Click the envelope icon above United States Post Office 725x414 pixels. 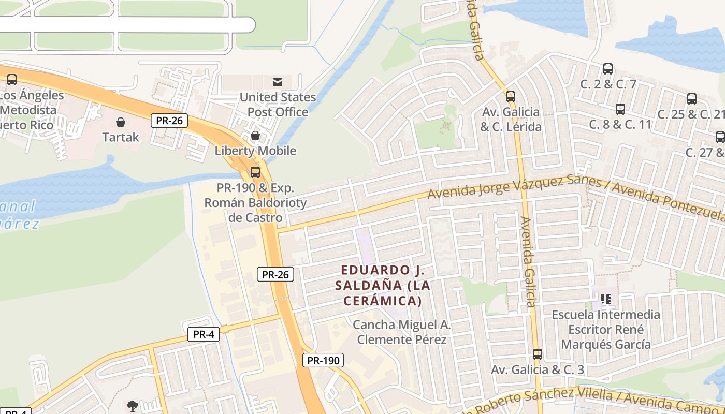[278, 82]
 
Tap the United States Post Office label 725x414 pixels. [278, 105]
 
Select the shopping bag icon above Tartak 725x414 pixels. [121, 122]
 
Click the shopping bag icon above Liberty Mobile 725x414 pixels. [255, 136]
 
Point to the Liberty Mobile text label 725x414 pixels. [255, 151]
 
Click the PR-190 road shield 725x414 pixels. [323, 360]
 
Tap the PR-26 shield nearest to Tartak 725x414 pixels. [169, 121]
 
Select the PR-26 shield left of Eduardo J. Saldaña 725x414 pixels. [275, 274]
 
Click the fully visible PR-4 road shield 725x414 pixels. [204, 334]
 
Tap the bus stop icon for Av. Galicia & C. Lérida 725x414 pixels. [511, 96]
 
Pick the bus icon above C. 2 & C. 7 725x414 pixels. [608, 68]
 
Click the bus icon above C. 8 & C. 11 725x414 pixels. [620, 109]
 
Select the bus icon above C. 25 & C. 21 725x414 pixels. [691, 98]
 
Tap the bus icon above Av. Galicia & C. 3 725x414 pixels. [538, 354]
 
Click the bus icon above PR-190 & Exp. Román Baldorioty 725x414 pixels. [255, 172]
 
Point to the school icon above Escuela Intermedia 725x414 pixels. [606, 299]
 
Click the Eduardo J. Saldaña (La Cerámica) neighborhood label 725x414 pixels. [383, 285]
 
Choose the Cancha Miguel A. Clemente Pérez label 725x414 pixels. [402, 332]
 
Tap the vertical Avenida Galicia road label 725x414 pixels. [529, 262]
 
